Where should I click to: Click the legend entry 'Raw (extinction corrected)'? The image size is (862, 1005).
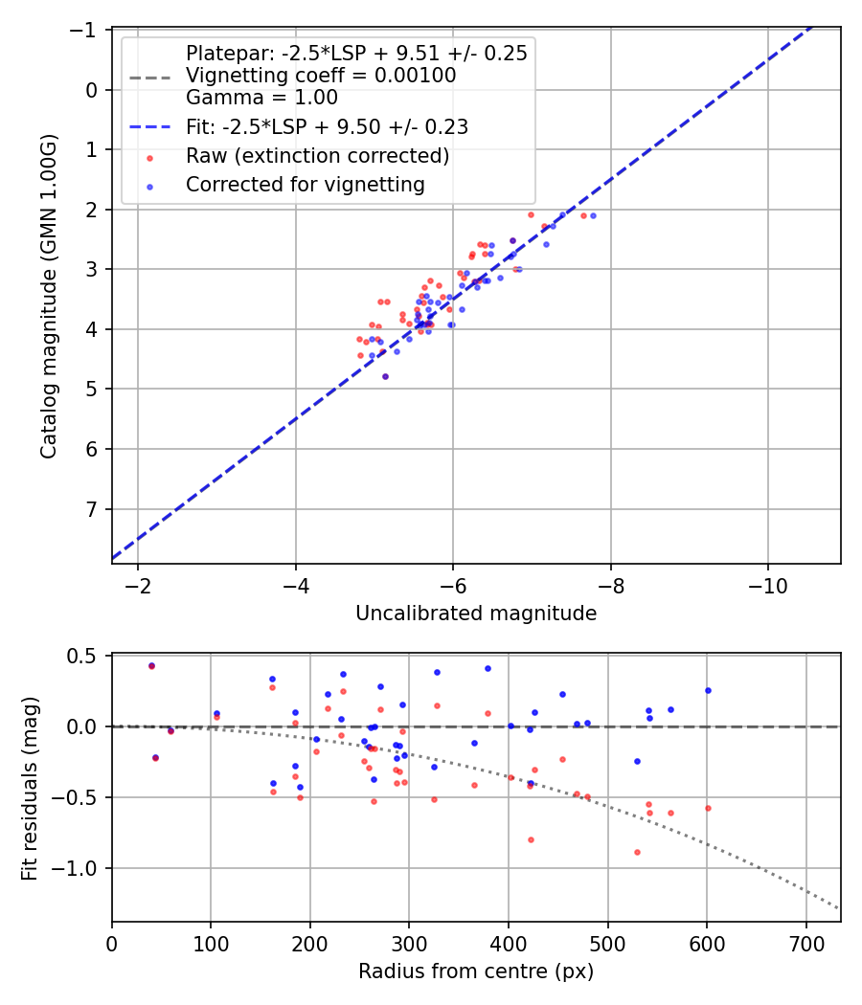(317, 155)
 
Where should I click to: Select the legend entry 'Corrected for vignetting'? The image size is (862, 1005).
(305, 185)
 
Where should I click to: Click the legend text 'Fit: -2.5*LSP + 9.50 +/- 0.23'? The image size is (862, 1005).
(327, 125)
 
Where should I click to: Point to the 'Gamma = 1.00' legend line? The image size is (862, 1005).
(261, 98)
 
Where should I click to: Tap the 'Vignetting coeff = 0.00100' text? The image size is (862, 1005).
(321, 76)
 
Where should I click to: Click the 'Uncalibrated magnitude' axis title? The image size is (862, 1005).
(476, 614)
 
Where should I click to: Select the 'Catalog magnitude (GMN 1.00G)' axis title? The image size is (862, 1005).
(49, 296)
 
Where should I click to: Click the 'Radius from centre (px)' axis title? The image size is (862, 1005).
(476, 971)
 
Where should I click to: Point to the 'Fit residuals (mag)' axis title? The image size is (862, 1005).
(30, 787)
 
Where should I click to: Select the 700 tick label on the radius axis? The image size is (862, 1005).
(805, 942)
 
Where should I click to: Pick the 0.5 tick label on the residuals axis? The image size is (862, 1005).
(88, 656)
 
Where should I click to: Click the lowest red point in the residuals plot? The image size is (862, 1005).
(637, 852)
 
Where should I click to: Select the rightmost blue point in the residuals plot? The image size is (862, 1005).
(708, 690)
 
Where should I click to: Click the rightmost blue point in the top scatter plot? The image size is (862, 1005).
(593, 215)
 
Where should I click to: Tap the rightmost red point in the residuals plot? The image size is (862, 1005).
(708, 808)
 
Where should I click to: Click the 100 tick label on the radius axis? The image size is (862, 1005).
(211, 942)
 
